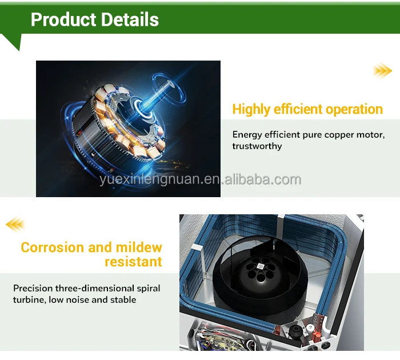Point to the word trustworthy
coord(257,146)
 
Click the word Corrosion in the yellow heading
coord(52,247)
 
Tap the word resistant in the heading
coord(133,262)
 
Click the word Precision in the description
coord(32,288)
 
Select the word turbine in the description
coord(29,299)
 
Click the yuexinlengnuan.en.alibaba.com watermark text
coord(199,181)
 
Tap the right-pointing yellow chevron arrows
coord(382,70)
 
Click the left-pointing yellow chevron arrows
coord(15,224)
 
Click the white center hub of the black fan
coord(260,266)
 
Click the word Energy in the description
coord(248,135)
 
